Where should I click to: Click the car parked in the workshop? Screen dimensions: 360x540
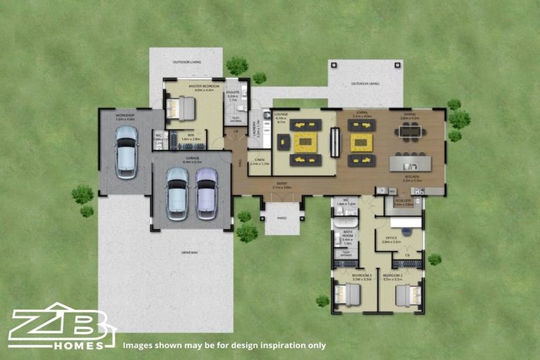126,152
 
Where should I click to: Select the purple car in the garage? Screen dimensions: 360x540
206,193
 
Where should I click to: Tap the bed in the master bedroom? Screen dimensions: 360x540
180,109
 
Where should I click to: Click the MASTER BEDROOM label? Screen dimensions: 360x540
204,86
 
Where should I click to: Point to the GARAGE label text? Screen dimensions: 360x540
191,159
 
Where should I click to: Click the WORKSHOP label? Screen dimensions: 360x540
125,115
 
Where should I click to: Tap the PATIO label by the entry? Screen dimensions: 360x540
282,218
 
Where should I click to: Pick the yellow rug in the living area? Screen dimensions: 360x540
361,143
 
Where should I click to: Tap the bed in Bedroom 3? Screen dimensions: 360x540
347,295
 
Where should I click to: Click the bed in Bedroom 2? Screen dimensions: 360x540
408,295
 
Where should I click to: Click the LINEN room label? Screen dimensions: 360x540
259,161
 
